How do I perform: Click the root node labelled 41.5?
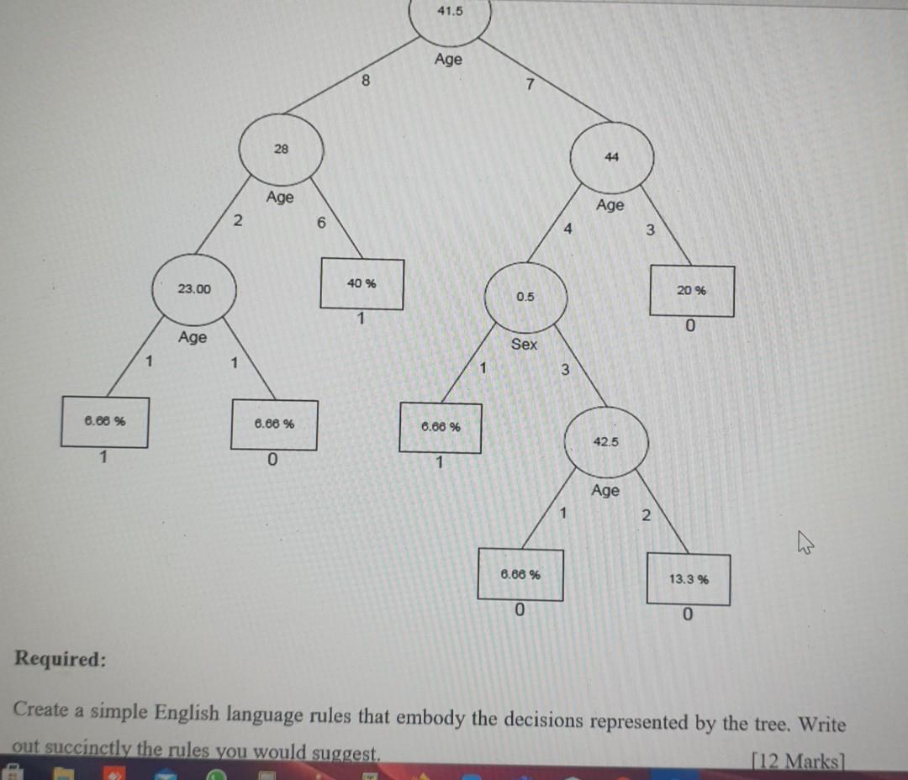[x=450, y=16]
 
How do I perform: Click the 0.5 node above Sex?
[x=525, y=297]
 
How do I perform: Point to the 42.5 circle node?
[x=606, y=442]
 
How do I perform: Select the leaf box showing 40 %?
[x=362, y=284]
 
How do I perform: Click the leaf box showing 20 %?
[x=692, y=291]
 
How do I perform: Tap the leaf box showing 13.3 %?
[x=689, y=579]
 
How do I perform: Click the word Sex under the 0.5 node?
[x=524, y=344]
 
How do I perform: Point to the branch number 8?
[x=365, y=82]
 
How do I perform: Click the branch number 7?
[x=529, y=84]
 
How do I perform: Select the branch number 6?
[x=320, y=224]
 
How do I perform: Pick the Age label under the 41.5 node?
[x=448, y=59]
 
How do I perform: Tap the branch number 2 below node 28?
[x=238, y=221]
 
